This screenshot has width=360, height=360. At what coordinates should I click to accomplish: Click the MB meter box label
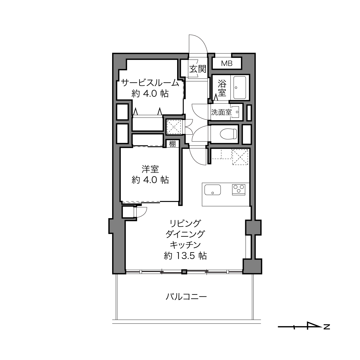coord(227,64)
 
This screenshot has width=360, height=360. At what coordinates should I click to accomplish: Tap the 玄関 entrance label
coord(198,69)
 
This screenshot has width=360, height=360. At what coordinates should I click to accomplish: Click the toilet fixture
coord(228,134)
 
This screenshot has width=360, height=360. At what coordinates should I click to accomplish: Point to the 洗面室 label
coord(221,112)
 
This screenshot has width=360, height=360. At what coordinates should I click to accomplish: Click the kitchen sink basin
coord(212,189)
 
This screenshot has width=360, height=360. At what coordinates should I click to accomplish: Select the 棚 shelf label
coord(172,144)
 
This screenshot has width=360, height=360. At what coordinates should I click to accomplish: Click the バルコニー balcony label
coord(186,297)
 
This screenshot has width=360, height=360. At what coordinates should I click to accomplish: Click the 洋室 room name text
coord(150,169)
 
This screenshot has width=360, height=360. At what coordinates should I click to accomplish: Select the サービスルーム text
coord(150,83)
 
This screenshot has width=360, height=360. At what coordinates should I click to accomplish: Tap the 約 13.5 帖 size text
coord(185,256)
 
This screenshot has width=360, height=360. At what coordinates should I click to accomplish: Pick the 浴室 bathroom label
coord(222,88)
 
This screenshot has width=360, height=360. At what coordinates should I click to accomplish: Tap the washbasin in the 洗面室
coord(237,112)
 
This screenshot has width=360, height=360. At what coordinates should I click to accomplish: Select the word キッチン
coord(185,245)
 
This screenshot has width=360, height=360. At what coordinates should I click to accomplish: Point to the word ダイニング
coord(185,234)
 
